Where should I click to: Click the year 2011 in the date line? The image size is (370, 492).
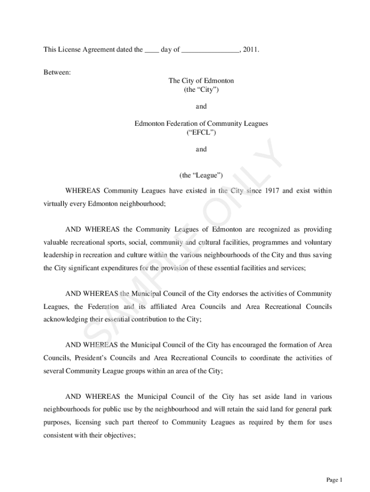point(250,49)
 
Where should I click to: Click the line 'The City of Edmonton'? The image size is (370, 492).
point(201,81)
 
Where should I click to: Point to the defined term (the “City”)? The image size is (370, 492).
point(201,89)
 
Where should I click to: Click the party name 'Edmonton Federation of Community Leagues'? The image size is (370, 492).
point(201,123)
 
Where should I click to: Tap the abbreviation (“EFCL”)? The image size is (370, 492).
point(201,132)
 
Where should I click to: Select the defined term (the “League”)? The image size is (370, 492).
point(201,175)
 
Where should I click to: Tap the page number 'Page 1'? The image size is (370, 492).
point(334,480)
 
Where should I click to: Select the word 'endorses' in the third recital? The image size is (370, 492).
point(235,294)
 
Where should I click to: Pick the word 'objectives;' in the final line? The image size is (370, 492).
point(119,435)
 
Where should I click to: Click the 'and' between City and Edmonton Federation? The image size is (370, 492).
point(201,107)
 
